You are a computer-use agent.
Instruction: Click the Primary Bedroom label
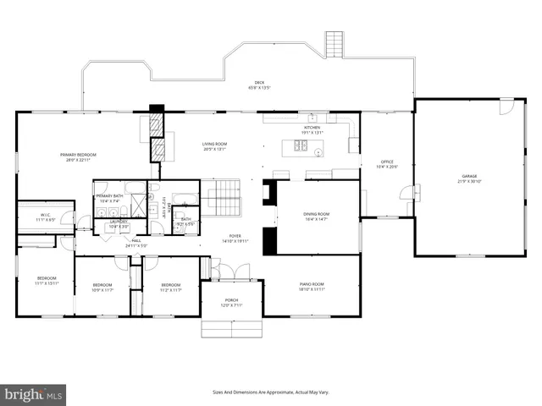78,155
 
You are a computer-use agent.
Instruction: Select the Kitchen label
312,128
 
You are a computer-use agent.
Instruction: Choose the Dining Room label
316,215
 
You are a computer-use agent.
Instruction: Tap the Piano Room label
312,284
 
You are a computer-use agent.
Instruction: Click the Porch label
231,300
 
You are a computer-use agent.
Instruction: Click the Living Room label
213,145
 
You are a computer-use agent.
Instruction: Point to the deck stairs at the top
335,45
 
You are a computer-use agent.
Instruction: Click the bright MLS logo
34,394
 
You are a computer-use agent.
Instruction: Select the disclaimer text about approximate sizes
270,392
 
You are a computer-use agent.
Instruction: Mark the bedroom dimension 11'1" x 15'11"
46,283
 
